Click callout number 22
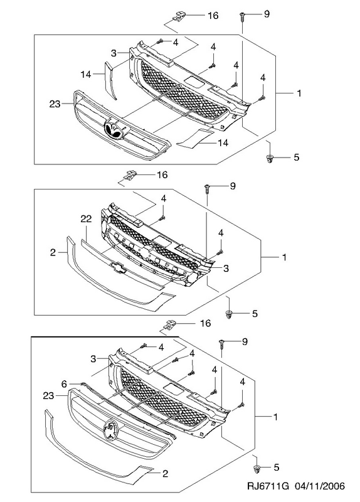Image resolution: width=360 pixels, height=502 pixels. coord(87,219)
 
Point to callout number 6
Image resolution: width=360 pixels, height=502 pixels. coord(64,383)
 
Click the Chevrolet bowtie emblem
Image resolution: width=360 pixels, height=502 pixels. coord(117,269)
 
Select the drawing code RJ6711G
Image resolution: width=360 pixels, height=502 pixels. coord(268,486)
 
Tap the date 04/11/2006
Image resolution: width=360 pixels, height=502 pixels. coord(320,486)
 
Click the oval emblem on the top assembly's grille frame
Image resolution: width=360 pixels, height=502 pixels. coord(115,130)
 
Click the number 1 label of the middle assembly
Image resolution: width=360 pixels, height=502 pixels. coord(284,257)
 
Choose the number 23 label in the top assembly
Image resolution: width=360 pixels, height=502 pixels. coord(55,104)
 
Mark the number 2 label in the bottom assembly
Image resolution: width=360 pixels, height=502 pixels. coord(166,474)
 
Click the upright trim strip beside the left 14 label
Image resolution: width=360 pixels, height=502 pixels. coord(110,80)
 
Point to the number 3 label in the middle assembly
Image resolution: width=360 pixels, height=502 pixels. coord(226,269)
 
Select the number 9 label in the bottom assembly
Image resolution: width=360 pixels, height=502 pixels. coord(245,341)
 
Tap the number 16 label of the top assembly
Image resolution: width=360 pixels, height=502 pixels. coord(213,15)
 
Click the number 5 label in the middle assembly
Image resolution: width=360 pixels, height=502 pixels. coord(255,313)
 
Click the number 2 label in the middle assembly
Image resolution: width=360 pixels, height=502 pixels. coord(53,252)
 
